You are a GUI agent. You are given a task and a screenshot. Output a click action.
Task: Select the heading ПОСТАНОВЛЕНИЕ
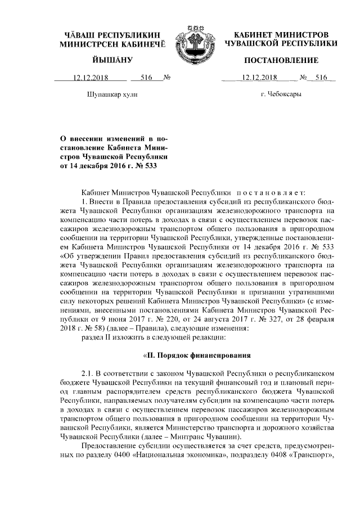click(x=281, y=60)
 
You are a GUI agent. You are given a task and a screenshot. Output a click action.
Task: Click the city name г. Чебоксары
click(x=281, y=94)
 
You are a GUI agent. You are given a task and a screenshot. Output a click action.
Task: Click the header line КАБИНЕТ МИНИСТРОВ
click(x=281, y=35)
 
